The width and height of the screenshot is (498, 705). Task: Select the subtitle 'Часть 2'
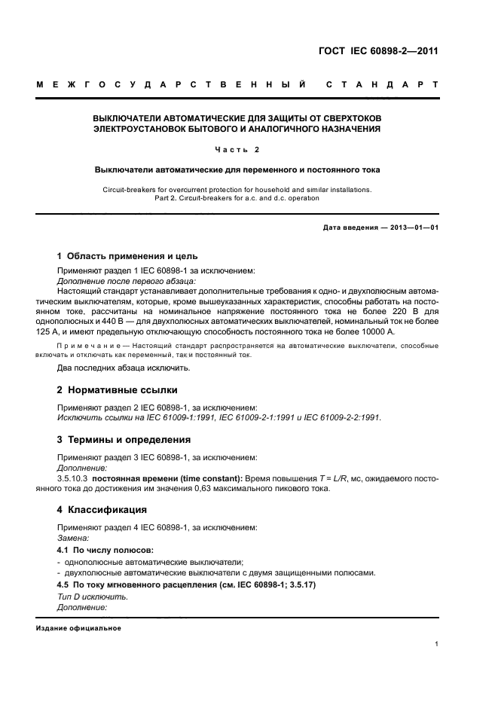(x=237, y=149)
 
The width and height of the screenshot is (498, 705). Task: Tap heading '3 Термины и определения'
(x=124, y=439)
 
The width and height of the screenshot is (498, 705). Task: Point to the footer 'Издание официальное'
(x=78, y=628)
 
